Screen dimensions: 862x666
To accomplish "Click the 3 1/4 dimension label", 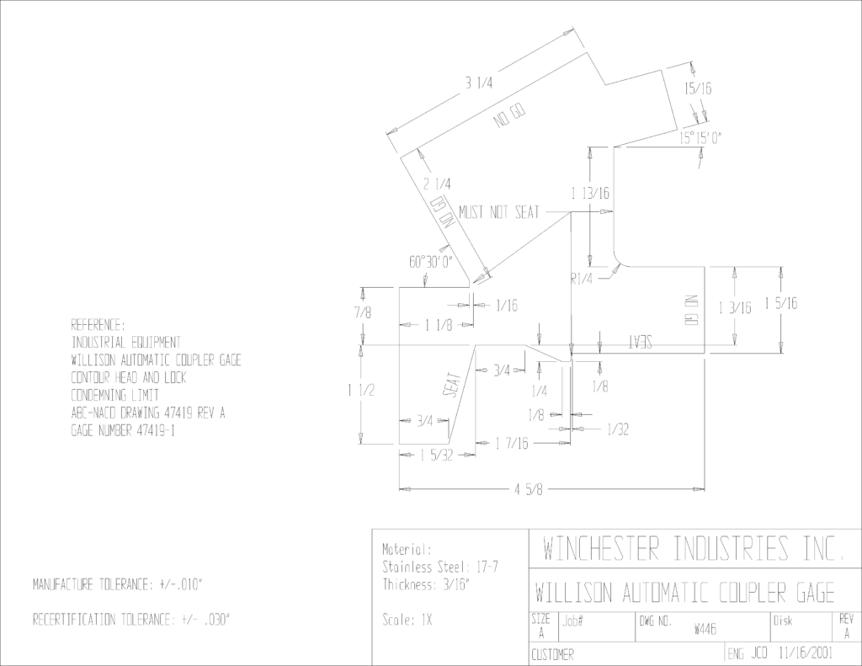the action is pyautogui.click(x=479, y=83).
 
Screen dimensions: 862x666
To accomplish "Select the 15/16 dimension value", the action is pyautogui.click(x=698, y=88).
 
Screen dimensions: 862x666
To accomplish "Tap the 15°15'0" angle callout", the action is pyautogui.click(x=700, y=138).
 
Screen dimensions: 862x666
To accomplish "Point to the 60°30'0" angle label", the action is pyautogui.click(x=430, y=262).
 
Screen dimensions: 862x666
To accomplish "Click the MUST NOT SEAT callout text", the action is pyautogui.click(x=499, y=211).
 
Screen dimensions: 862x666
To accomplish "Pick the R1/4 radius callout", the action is pyautogui.click(x=582, y=279).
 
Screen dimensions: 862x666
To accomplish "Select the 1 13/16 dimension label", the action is pyautogui.click(x=590, y=193).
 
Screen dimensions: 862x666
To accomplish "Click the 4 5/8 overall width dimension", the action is pyautogui.click(x=528, y=489).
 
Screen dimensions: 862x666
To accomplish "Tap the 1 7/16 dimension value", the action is pyautogui.click(x=512, y=443).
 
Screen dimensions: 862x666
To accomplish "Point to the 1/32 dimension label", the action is pyautogui.click(x=618, y=429).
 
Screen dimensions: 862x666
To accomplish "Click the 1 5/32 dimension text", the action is pyautogui.click(x=436, y=455).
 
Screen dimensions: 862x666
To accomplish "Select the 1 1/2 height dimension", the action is pyautogui.click(x=360, y=391).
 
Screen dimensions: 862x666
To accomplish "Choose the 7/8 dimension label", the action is pyautogui.click(x=363, y=312).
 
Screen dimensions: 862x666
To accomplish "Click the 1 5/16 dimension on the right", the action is pyautogui.click(x=781, y=302).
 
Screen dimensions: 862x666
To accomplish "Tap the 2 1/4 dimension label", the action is pyautogui.click(x=437, y=184).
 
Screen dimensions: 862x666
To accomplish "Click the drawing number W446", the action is pyautogui.click(x=705, y=629).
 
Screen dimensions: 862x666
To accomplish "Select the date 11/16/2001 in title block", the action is pyautogui.click(x=806, y=653).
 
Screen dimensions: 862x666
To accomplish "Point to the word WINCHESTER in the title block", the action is pyautogui.click(x=602, y=548).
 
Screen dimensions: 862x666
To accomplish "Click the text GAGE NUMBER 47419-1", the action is pyautogui.click(x=123, y=430).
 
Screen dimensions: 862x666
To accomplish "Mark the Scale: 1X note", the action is pyautogui.click(x=407, y=621).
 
